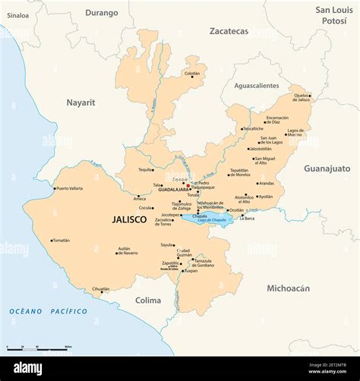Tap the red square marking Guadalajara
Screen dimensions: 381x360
(x=188, y=184)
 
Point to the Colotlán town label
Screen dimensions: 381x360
(x=192, y=74)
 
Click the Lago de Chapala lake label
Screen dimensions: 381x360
(x=212, y=220)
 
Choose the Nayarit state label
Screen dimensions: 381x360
(x=81, y=102)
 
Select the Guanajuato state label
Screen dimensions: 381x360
(x=327, y=168)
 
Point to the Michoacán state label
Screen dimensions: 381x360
(x=288, y=288)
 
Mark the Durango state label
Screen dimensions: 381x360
(x=102, y=13)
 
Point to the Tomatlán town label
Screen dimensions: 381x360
(x=61, y=241)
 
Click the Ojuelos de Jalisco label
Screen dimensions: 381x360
(x=302, y=97)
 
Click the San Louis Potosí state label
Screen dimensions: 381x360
(x=333, y=15)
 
